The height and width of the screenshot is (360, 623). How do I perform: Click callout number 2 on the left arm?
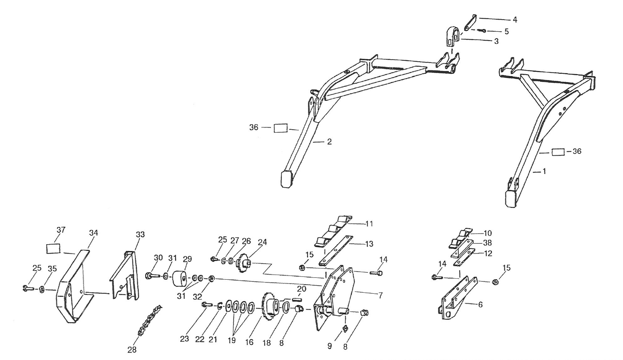[329, 141]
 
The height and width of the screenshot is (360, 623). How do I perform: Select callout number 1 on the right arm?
[543, 171]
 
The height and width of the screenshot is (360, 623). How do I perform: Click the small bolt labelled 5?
[483, 31]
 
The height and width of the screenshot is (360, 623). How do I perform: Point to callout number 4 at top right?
[514, 20]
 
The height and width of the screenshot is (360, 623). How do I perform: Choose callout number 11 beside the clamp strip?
[369, 224]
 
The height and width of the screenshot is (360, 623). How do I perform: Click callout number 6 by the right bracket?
[481, 304]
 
